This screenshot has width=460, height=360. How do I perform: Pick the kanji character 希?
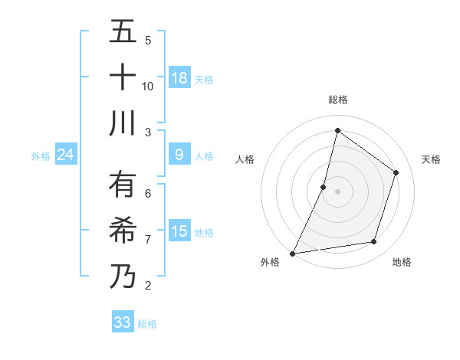(123, 230)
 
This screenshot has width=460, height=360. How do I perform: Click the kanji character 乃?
(123, 276)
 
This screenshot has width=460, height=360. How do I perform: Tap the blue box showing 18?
(179, 78)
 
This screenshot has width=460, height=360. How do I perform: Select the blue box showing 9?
(179, 155)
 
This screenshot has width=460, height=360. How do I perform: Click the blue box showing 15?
(179, 232)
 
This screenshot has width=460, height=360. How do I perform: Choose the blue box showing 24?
(66, 155)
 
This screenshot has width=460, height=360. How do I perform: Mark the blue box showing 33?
(123, 322)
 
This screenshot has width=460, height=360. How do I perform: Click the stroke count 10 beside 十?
(148, 86)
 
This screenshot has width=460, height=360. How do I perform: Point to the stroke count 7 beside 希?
(148, 239)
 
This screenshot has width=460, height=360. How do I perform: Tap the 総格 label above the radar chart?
(338, 100)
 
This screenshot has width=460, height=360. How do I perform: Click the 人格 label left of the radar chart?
(245, 159)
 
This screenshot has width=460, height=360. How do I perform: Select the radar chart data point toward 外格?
(293, 253)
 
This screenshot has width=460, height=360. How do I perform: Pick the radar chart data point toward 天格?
(396, 172)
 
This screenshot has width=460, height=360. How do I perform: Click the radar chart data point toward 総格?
(337, 130)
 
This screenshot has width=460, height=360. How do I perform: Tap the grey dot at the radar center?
(337, 191)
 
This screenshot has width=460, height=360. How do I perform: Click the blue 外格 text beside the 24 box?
(41, 156)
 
